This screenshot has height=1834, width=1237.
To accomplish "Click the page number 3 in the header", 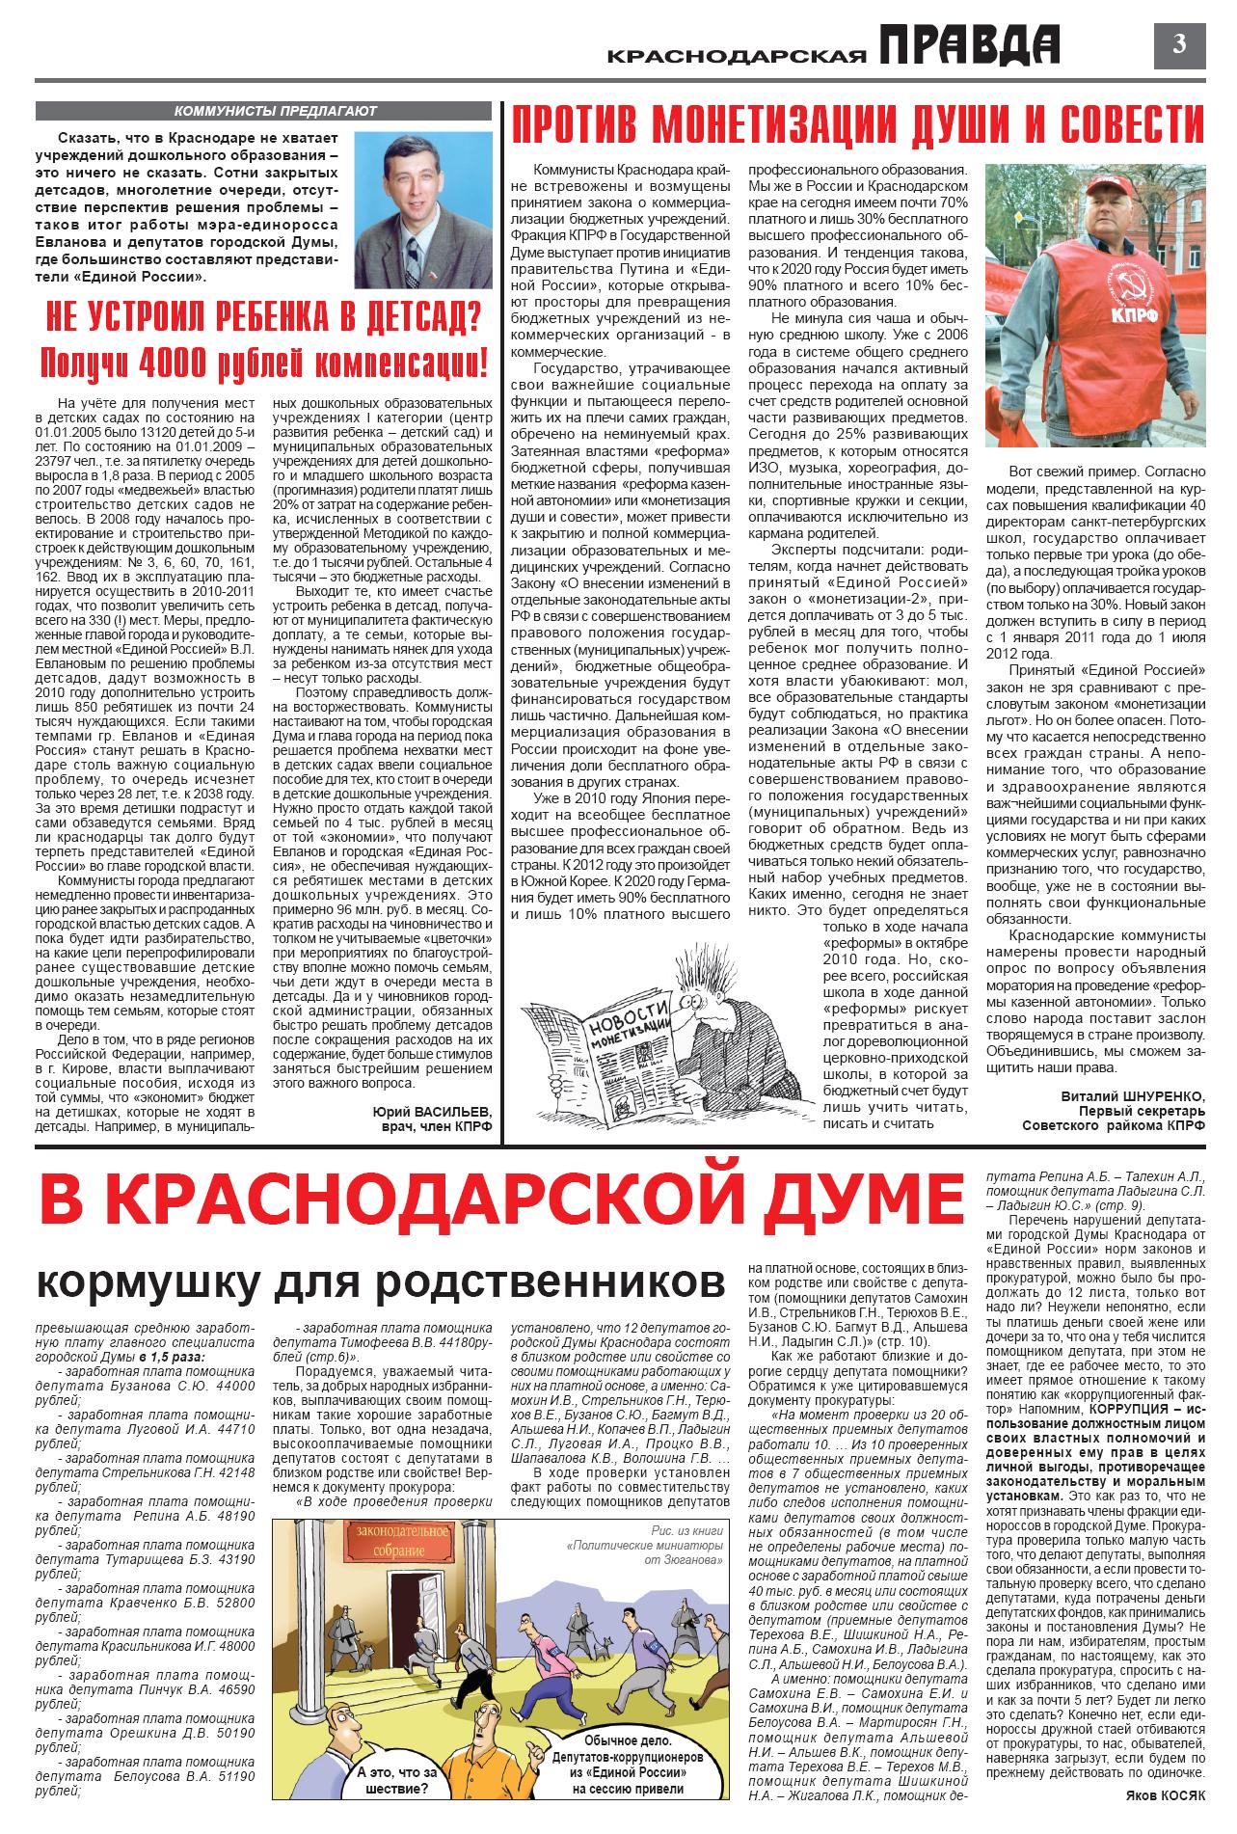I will pos(1179,44).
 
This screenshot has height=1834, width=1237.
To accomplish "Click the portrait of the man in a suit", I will pos(423,207).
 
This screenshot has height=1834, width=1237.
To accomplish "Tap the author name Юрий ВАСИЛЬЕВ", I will pos(432,1110).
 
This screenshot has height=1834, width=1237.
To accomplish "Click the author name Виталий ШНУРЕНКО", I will pos(1133,1095).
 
